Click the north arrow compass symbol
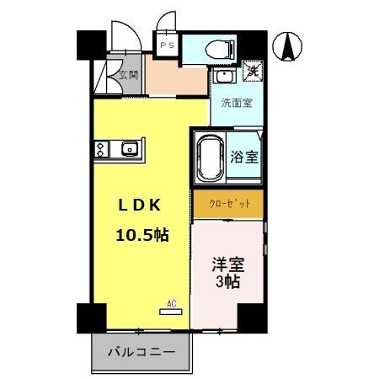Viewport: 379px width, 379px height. [287, 45]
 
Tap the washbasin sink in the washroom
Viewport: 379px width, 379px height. [222, 77]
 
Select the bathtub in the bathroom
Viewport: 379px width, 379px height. [210, 157]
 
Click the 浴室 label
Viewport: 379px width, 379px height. [244, 157]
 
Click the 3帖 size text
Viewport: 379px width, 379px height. [227, 283]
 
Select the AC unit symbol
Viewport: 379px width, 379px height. [170, 310]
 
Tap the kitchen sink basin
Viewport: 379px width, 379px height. [129, 151]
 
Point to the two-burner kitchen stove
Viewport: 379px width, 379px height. [101, 151]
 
